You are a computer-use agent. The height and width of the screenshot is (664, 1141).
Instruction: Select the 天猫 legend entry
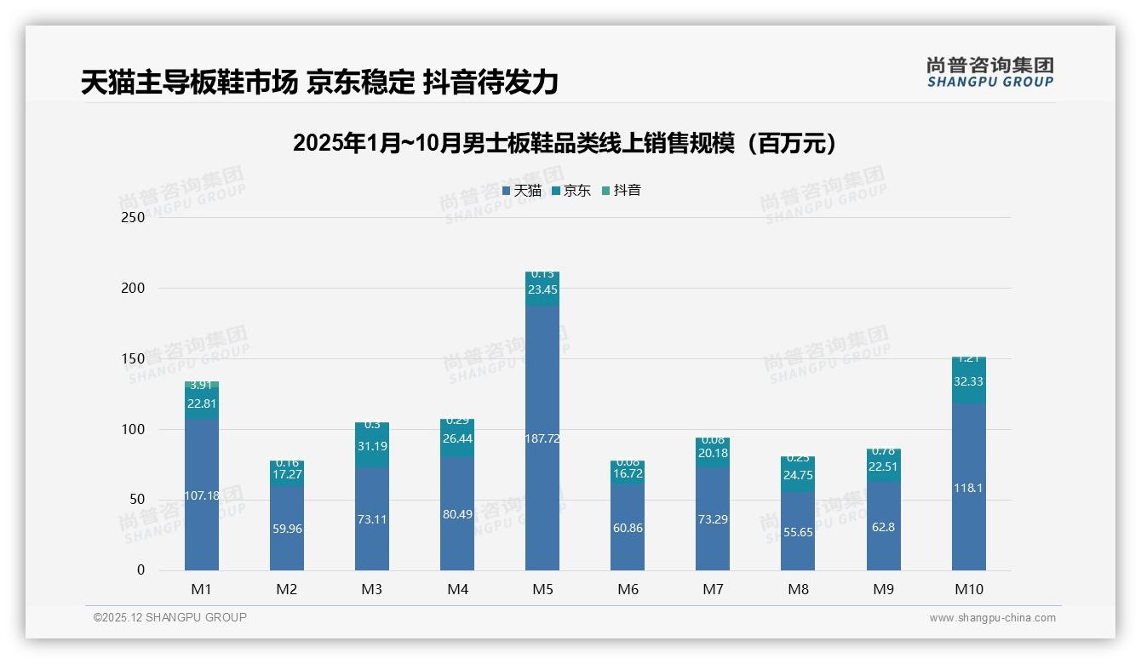pos(522,191)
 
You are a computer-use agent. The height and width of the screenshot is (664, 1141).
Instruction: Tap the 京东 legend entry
pos(571,191)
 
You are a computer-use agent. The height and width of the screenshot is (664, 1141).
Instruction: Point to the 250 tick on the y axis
pos(134,217)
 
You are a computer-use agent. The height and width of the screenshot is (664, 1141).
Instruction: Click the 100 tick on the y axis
pos(134,429)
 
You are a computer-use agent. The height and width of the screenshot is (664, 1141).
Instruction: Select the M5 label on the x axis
pos(542,589)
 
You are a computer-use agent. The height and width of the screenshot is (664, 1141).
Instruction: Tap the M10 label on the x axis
pos(968,589)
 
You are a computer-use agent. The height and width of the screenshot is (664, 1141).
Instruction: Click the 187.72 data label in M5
pos(542,438)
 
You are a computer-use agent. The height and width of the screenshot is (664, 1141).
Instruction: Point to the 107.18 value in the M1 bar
pos(202,495)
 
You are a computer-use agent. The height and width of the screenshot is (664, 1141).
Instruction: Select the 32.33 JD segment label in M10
pos(968,381)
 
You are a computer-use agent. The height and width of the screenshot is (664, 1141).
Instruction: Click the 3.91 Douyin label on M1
pos(202,385)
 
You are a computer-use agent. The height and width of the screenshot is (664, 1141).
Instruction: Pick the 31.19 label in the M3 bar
pos(372,445)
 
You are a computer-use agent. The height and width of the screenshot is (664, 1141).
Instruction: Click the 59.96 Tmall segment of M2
pos(287,529)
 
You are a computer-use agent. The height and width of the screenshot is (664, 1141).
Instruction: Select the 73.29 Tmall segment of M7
pos(713,518)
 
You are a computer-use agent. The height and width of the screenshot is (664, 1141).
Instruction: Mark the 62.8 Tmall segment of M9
pos(883,527)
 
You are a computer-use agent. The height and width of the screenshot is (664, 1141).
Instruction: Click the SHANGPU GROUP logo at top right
pos(989,72)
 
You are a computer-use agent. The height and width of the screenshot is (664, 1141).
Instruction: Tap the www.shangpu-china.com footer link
pos(992,618)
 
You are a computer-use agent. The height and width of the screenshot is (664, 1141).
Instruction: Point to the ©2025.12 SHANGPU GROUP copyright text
pos(170,617)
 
